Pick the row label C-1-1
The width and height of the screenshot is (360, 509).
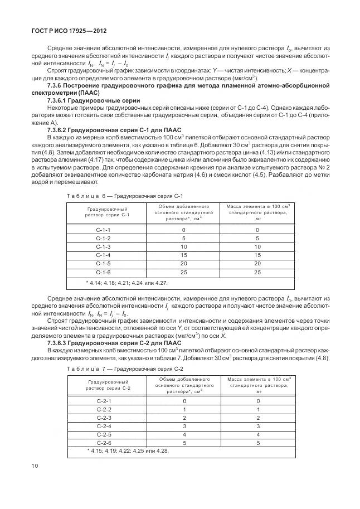click(x=104, y=230)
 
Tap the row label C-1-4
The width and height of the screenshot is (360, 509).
click(x=104, y=255)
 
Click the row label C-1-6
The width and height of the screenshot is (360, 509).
click(x=104, y=272)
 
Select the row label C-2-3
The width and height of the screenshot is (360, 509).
click(x=104, y=417)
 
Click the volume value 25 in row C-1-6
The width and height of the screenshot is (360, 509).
click(x=183, y=272)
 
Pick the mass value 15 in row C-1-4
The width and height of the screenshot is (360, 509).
click(x=257, y=255)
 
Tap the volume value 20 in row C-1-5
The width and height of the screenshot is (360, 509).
click(x=183, y=264)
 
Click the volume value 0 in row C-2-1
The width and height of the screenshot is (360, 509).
click(x=183, y=400)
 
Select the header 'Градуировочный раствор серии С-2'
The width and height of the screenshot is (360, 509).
click(x=104, y=384)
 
